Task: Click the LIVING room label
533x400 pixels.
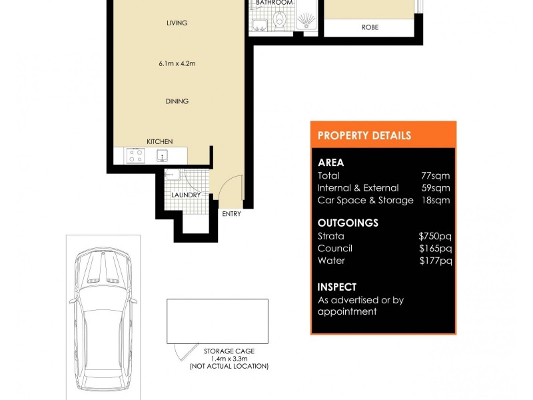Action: tap(177, 23)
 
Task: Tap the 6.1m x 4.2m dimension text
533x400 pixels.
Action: tap(177, 64)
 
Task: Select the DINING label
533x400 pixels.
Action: tap(177, 101)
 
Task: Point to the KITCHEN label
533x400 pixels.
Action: tap(160, 141)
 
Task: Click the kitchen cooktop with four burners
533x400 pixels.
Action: tap(136, 157)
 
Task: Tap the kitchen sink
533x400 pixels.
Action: tap(162, 157)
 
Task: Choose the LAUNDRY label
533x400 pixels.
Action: tap(186, 195)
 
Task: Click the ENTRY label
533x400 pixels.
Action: tap(232, 214)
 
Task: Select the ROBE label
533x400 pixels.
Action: tap(370, 28)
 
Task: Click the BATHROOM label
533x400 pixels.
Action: tap(274, 3)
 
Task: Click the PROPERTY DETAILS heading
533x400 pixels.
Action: tap(364, 135)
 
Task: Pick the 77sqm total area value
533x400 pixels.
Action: tap(436, 176)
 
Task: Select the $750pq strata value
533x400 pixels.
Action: tap(435, 236)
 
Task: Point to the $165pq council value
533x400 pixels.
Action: tap(435, 248)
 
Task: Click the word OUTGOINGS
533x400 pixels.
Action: tap(348, 223)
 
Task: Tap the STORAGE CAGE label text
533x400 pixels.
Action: tap(229, 351)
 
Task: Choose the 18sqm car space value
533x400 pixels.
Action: tap(436, 200)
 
